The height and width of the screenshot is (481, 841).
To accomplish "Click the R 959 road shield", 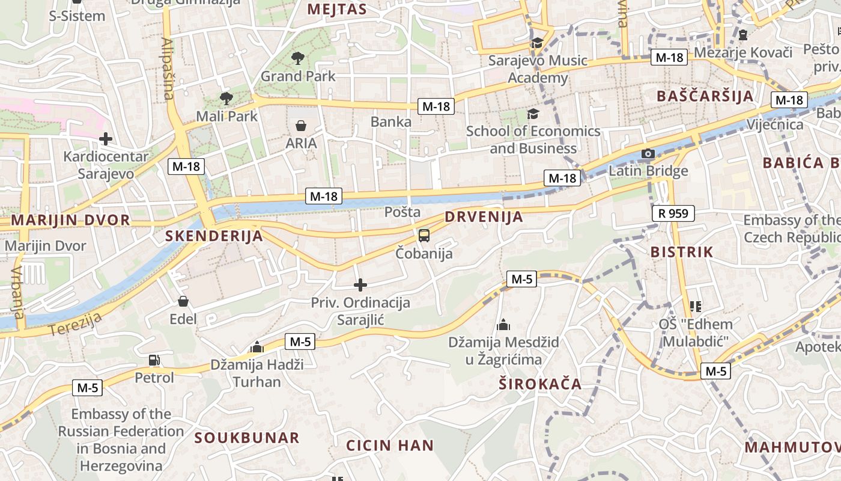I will pos(673,213).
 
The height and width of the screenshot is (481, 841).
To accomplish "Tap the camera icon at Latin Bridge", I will pos(648,154).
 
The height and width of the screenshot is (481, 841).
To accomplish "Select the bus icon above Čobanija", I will pos(424,235).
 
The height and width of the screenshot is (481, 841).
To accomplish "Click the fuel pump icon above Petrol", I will pos(154,360).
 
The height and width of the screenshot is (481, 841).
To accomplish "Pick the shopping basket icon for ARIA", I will pos(301,126).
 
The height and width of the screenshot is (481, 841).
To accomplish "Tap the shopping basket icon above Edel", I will pos(183,301).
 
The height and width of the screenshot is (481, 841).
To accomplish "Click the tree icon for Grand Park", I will pos(297,58).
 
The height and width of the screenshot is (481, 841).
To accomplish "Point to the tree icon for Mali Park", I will pos(226,98).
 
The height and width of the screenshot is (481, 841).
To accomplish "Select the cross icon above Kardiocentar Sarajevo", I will pos(106,139).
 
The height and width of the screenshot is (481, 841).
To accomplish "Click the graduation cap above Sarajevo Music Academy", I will pos(536,43).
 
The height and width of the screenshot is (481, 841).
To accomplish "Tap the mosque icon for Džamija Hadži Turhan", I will pos(257,347).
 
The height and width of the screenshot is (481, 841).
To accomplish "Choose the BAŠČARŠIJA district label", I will pos(705,96).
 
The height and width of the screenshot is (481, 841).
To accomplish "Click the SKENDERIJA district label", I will pos(214,236).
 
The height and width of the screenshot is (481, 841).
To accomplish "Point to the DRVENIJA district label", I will pos(484,217).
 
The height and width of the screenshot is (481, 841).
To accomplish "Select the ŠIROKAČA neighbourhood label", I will pos(540,384).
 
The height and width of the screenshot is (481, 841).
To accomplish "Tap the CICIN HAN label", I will pos(390,446).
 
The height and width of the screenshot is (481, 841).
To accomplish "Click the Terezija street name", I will pos(74,325).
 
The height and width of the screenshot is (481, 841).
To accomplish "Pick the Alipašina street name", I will pos(168,69).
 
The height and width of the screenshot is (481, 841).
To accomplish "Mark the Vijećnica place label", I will pos(774,124).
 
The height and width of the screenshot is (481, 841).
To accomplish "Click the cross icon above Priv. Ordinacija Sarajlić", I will pos(360,285).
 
